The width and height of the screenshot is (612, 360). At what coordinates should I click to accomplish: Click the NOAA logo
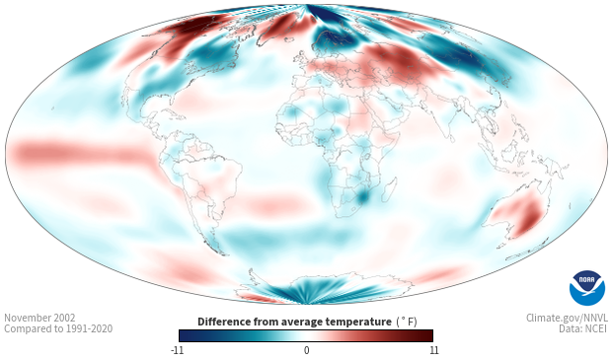coord(586,287)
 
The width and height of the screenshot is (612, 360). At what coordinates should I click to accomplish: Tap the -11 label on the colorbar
coord(177,350)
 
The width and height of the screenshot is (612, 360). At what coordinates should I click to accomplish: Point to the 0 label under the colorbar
coord(306,350)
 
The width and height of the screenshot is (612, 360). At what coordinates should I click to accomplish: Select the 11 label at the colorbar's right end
coord(434,350)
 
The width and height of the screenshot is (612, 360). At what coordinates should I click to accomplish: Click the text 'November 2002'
coord(39,318)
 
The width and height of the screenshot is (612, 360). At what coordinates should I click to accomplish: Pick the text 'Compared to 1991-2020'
coord(58,328)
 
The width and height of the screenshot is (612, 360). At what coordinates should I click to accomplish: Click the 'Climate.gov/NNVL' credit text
coord(567,318)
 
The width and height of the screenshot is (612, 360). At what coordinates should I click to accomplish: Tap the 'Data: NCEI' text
coord(583,328)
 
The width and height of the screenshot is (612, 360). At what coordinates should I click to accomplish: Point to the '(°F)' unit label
coord(407,323)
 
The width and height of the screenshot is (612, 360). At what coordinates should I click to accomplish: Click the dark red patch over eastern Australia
coord(529,216)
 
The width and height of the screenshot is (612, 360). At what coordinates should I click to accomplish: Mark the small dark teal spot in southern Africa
coord(363,196)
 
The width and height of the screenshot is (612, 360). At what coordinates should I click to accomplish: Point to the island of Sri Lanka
coord(451,138)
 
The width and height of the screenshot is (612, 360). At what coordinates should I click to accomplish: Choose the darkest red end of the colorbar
coord(429,335)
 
